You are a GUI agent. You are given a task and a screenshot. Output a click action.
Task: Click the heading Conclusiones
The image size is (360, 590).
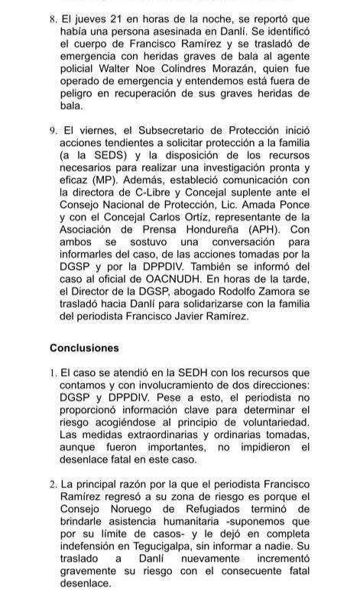click(84, 348)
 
